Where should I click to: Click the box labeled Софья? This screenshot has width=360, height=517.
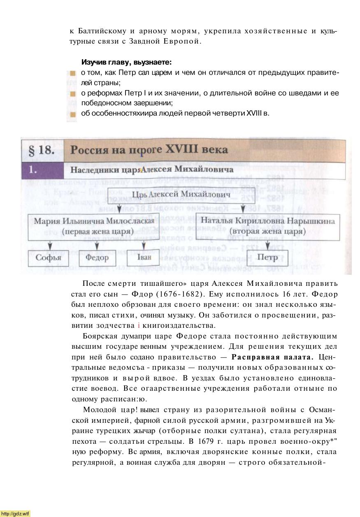[48, 258]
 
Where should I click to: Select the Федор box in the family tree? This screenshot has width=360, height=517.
[97, 258]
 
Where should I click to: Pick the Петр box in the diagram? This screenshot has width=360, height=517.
[267, 258]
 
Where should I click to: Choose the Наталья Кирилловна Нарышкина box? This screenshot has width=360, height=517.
[268, 226]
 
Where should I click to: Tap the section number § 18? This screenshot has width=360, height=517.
[42, 150]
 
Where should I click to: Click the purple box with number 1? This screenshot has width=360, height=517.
[42, 169]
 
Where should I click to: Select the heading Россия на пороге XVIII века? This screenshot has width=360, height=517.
[149, 149]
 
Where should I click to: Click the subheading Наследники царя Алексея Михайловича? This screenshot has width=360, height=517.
[152, 169]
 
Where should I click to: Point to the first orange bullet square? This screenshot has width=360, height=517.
[73, 73]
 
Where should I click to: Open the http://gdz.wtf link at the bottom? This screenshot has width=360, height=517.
[16, 513]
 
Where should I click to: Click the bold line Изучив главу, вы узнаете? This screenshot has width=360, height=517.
[126, 63]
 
